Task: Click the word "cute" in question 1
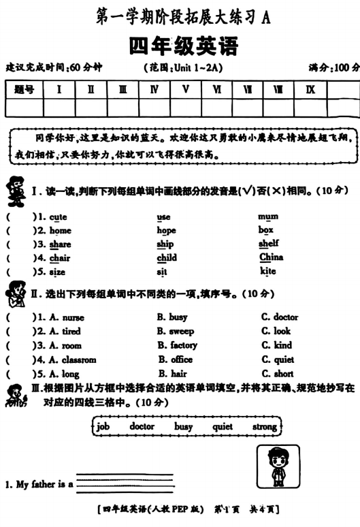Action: click(58, 217)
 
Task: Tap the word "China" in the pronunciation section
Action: click(272, 257)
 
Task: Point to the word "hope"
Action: click(166, 230)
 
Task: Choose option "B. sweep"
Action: click(175, 331)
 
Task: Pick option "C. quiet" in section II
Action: click(278, 360)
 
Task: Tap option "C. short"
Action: click(278, 374)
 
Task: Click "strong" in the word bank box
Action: click(265, 427)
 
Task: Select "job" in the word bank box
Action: click(103, 427)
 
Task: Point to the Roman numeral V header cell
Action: click(185, 89)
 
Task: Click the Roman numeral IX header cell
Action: click(310, 89)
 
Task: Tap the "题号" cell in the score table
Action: click(25, 89)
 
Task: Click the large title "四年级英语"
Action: click(183, 46)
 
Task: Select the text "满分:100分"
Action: click(334, 67)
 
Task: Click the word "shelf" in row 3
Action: click(269, 244)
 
